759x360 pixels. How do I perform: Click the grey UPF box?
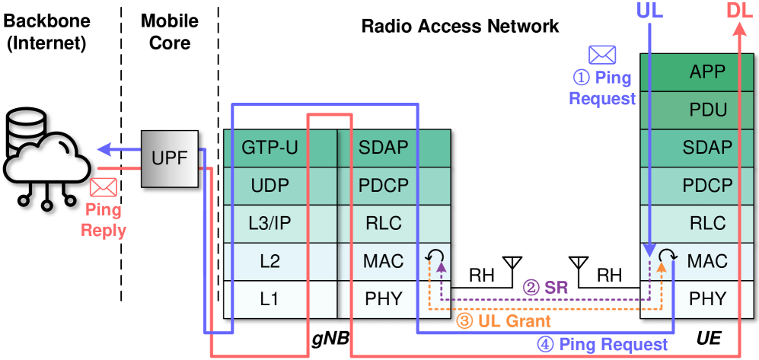pos(169,158)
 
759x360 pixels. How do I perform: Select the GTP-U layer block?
pos(269,148)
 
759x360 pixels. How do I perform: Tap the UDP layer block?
pos(269,186)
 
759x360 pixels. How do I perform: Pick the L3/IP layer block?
pos(269,224)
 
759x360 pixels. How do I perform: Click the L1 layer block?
pos(269,299)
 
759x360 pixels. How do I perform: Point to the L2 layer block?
pos(269,262)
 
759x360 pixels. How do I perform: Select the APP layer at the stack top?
pos(707,72)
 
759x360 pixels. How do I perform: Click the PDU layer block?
pos(707,110)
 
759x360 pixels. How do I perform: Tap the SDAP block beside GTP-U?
pos(384,148)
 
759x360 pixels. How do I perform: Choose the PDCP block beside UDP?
pos(384,186)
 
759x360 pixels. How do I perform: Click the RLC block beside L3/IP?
pos(384,224)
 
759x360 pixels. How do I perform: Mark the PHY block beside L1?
pos(384,299)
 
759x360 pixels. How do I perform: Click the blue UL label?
pos(649,11)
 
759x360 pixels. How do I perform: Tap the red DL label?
pos(740,11)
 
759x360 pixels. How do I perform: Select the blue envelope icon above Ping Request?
pos(601,55)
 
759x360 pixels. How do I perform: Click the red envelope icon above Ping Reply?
pos(104,187)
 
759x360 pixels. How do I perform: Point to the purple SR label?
pos(545,288)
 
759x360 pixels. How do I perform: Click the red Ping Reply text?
pos(104,220)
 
